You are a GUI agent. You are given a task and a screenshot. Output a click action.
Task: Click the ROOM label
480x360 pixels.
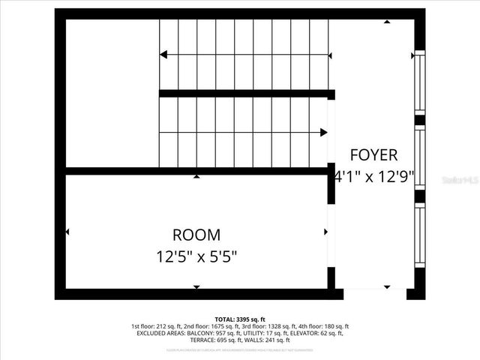196,235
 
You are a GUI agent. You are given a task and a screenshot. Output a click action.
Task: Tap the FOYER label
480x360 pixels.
373,155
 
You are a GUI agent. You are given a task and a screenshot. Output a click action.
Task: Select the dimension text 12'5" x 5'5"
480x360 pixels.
196,256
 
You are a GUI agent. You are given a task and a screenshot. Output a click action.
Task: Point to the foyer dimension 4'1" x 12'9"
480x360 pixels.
374,178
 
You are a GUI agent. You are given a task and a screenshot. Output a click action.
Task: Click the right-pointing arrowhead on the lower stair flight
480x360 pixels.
323,133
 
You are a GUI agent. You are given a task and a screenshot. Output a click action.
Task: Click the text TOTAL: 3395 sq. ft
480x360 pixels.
240,319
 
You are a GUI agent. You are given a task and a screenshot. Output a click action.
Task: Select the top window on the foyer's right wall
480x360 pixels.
420,82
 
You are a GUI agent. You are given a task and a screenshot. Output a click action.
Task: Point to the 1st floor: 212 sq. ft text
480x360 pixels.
154,326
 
